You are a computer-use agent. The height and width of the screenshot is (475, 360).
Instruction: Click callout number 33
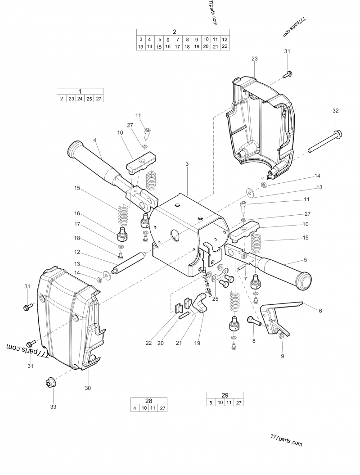[53, 407]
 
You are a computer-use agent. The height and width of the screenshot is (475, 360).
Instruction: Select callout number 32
[335, 111]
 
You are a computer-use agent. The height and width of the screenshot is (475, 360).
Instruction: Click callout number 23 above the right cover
[254, 59]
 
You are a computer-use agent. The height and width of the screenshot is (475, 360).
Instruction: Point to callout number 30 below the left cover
[88, 388]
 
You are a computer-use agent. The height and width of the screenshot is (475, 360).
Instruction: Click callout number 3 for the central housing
[187, 164]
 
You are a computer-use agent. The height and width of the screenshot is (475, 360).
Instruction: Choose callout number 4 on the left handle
[95, 140]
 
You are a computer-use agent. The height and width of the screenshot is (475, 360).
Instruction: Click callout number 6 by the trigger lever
[320, 311]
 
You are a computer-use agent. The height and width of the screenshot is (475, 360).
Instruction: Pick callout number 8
[254, 341]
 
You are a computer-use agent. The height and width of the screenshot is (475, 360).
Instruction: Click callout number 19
[197, 343]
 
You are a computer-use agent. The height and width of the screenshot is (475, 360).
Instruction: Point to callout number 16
[77, 213]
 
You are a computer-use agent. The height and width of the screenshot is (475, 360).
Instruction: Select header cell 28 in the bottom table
[148, 401]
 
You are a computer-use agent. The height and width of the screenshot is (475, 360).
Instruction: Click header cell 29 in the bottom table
[225, 395]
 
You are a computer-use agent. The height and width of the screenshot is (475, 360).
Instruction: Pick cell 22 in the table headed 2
[225, 46]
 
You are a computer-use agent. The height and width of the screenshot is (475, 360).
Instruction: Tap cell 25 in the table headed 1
[89, 99]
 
